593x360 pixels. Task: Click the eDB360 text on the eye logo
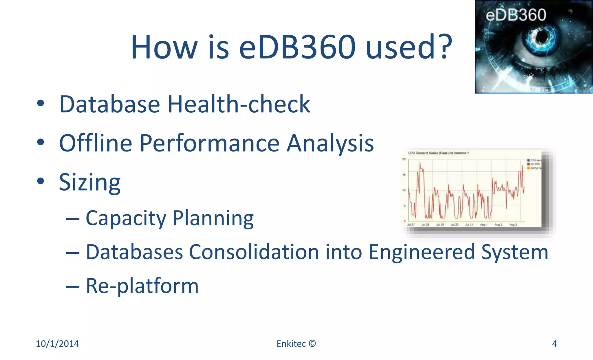pyautogui.click(x=516, y=15)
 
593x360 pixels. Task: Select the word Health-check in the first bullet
pyautogui.click(x=239, y=104)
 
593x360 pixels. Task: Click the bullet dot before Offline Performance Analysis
pyautogui.click(x=41, y=142)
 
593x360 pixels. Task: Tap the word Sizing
pyautogui.click(x=90, y=182)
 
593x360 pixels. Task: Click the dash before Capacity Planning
pyautogui.click(x=73, y=219)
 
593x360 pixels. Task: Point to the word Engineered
pyautogui.click(x=422, y=252)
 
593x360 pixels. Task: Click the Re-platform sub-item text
pyautogui.click(x=142, y=286)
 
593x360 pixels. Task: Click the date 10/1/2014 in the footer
pyautogui.click(x=57, y=343)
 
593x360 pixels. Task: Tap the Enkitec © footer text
pyautogui.click(x=296, y=343)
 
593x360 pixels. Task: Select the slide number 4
pyautogui.click(x=554, y=343)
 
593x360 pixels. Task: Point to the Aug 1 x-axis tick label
pyautogui.click(x=484, y=225)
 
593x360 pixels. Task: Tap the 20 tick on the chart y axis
pyautogui.click(x=404, y=159)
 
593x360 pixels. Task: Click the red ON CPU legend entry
pyautogui.click(x=535, y=164)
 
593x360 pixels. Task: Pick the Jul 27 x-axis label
pyautogui.click(x=411, y=225)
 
